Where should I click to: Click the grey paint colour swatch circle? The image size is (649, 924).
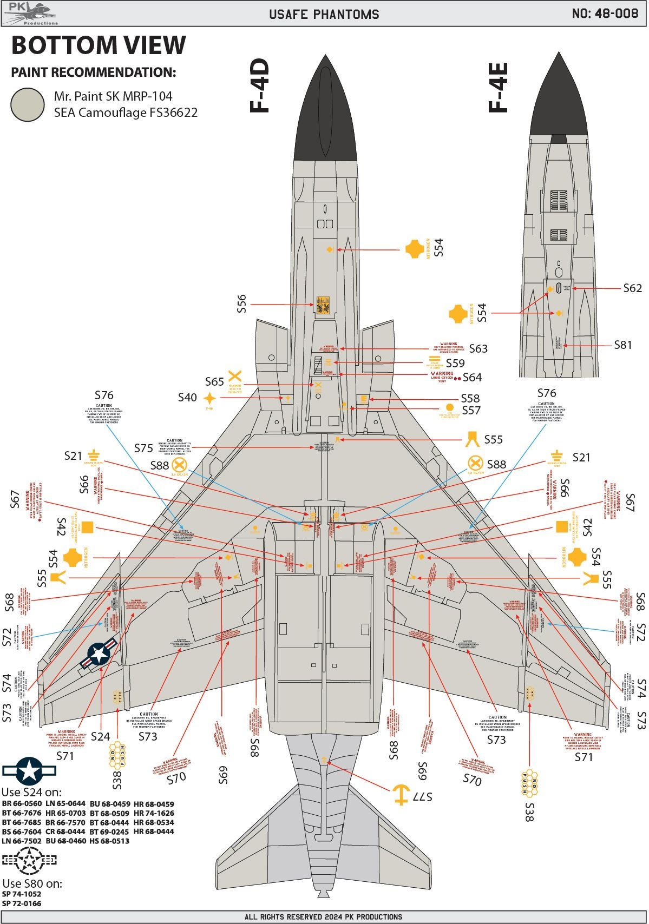point(28,104)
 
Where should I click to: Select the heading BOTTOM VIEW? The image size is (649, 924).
point(99,45)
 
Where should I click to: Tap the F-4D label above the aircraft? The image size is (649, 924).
point(259,86)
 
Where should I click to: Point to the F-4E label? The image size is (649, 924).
point(498,87)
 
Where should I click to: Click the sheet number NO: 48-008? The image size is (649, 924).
point(605,14)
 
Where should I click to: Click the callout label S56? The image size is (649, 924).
point(241,303)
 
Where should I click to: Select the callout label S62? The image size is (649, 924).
point(632,288)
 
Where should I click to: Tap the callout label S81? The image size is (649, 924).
point(622,345)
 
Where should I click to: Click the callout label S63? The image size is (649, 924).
point(478,349)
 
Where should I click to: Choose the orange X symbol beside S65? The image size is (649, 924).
point(234,377)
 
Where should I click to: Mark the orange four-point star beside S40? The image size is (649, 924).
point(209,399)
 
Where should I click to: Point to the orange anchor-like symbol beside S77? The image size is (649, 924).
point(400,795)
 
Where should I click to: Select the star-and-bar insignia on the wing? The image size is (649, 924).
point(99,653)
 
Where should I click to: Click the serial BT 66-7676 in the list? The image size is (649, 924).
point(22,813)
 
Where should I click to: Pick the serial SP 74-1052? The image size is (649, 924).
point(22,894)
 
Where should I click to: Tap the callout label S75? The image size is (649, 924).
point(143,448)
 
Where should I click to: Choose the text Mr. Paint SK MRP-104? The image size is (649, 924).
point(113,96)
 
